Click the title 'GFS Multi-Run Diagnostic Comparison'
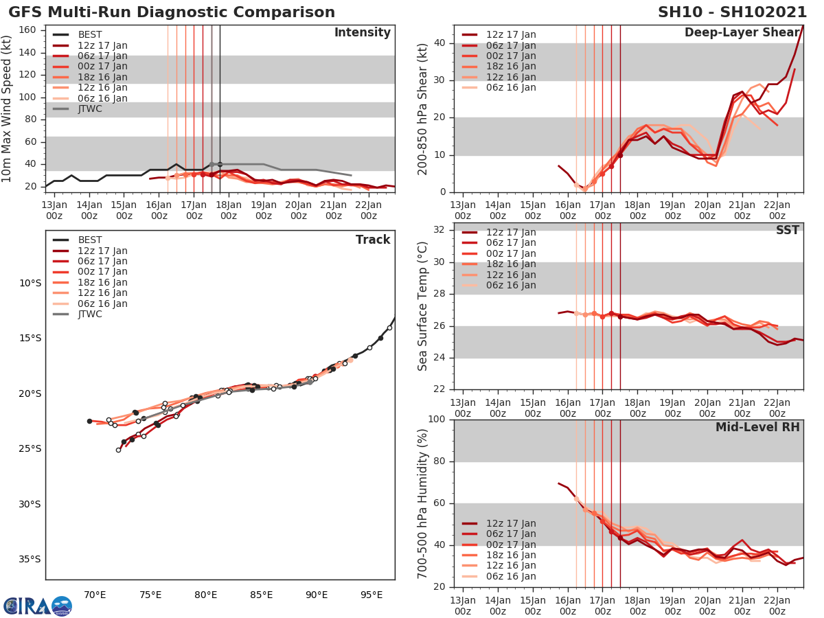(172, 12)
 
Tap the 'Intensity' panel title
(362, 33)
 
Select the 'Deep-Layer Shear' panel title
(742, 33)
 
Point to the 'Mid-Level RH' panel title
(757, 428)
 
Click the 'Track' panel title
(373, 240)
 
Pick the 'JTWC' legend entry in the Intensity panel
(90, 108)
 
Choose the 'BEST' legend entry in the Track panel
(90, 240)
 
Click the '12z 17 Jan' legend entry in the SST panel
(512, 232)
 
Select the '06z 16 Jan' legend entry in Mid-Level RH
(512, 576)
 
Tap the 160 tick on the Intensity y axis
(27, 30)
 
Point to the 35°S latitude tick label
(30, 559)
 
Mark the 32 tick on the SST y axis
(438, 230)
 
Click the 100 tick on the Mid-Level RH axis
(435, 420)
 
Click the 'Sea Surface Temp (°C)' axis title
(423, 306)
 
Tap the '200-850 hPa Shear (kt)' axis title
(423, 109)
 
